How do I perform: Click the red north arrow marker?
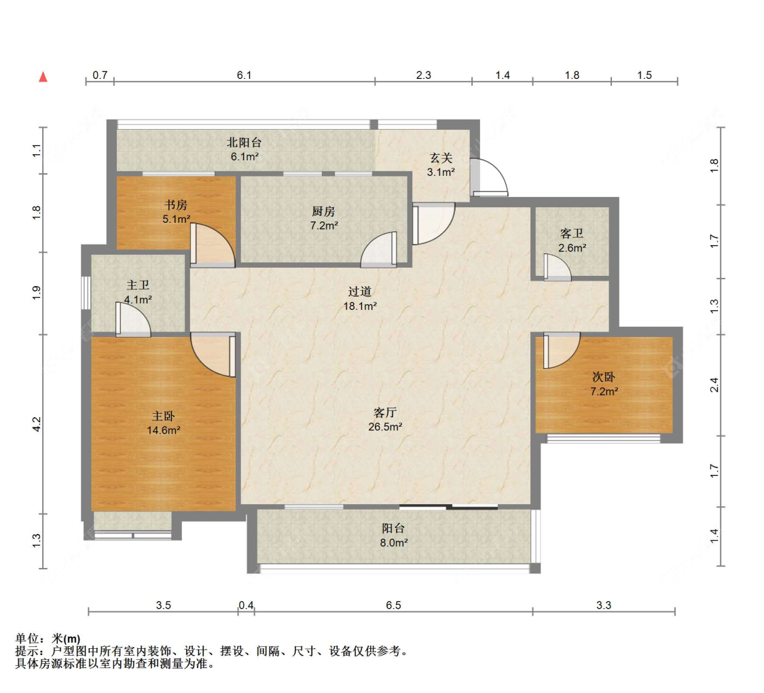(x=43, y=77)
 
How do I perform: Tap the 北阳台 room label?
(x=244, y=142)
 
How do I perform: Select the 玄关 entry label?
(x=441, y=158)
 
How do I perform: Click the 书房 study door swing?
(x=213, y=245)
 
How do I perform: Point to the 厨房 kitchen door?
(x=378, y=249)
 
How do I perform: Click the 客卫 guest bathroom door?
(x=558, y=268)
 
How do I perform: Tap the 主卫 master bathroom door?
(x=133, y=319)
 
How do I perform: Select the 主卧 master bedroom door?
(x=213, y=355)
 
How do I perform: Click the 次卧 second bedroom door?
(x=562, y=351)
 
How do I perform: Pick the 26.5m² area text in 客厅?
(x=385, y=427)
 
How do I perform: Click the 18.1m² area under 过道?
(x=360, y=306)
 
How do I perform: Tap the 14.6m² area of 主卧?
(x=164, y=430)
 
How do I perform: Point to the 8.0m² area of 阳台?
(x=394, y=542)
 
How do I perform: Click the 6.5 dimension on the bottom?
(x=393, y=605)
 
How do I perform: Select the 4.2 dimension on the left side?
(x=37, y=424)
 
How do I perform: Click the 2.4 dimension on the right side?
(x=714, y=385)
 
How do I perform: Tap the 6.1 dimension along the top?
(x=244, y=75)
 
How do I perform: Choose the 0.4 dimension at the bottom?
(x=246, y=605)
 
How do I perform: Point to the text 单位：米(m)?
(x=48, y=639)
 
